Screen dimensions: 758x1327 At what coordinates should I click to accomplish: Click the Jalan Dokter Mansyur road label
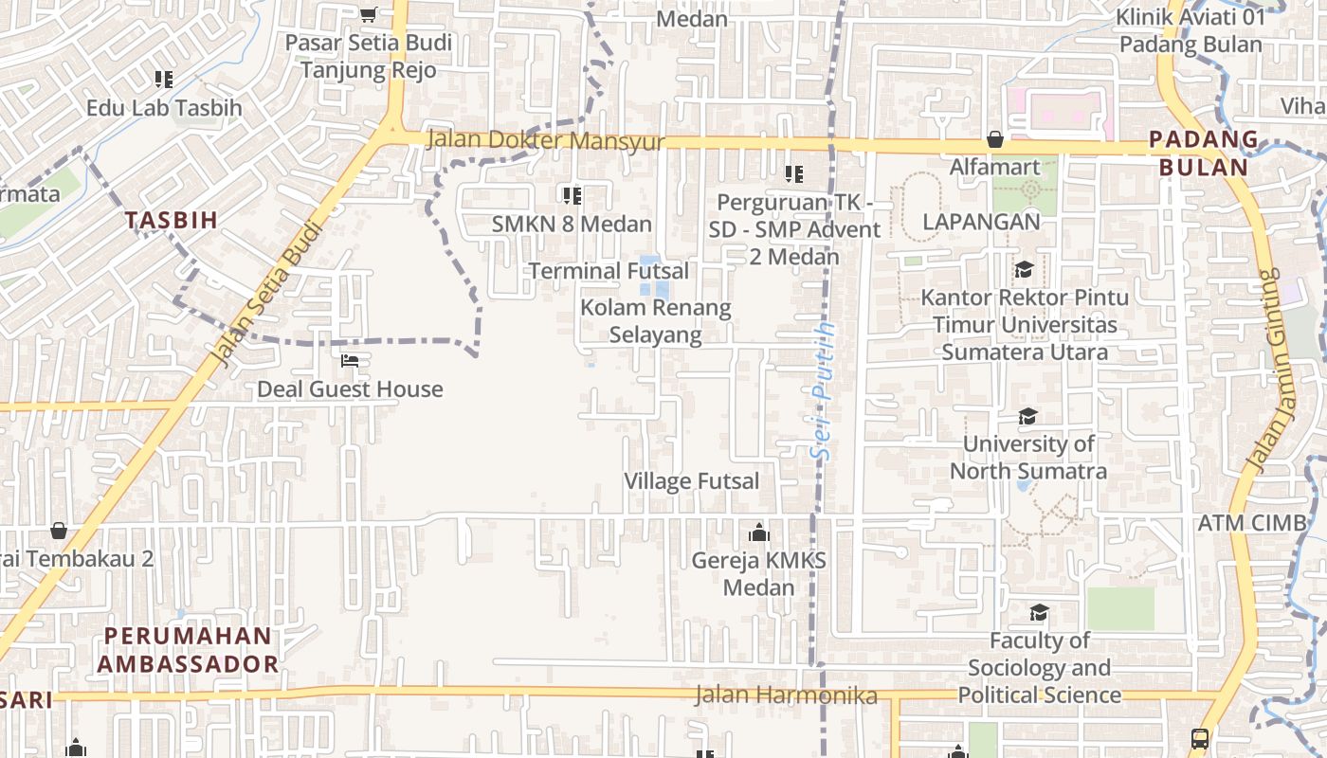tap(545, 140)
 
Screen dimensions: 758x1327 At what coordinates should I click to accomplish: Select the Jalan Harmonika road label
tap(786, 695)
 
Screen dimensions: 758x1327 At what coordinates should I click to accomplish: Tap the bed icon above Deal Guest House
tap(350, 361)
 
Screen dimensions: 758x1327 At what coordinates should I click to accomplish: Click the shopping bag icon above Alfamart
tap(995, 140)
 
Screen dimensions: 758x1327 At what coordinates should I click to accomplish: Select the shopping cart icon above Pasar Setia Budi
tap(368, 14)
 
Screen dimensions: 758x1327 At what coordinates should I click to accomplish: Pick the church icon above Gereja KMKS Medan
tap(758, 532)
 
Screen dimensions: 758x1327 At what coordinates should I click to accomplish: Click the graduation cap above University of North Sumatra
tap(1027, 416)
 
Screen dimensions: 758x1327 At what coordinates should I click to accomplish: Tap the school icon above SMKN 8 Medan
tap(572, 196)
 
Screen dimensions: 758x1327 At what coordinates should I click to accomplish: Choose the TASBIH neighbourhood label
tap(173, 220)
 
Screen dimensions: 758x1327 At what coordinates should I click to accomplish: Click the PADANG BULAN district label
tap(1203, 153)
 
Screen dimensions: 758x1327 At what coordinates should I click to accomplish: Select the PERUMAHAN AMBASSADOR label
tap(188, 650)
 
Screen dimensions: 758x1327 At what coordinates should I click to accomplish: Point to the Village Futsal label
tap(691, 481)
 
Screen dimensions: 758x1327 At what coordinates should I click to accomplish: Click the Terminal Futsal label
tap(609, 271)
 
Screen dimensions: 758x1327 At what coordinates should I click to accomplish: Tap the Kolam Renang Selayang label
tap(656, 321)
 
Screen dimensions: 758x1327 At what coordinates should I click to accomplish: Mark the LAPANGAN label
tap(981, 222)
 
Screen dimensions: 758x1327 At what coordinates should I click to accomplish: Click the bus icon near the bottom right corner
tap(1199, 738)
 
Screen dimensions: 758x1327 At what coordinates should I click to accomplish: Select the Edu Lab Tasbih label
tap(164, 108)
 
